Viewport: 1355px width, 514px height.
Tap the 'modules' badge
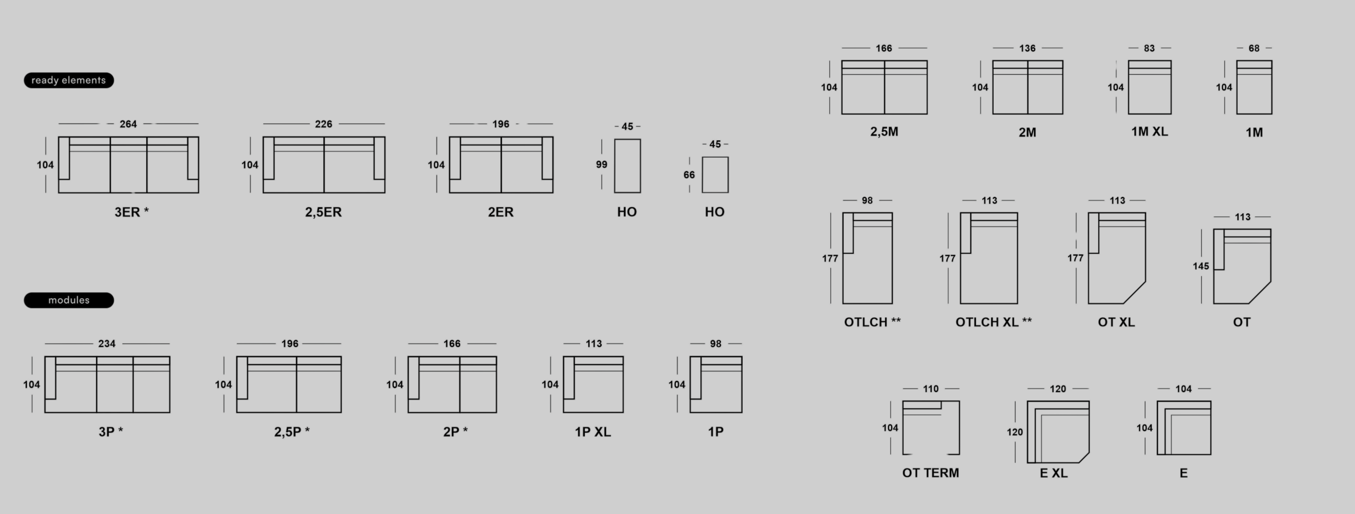click(x=69, y=300)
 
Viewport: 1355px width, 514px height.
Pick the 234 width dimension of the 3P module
click(x=107, y=344)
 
